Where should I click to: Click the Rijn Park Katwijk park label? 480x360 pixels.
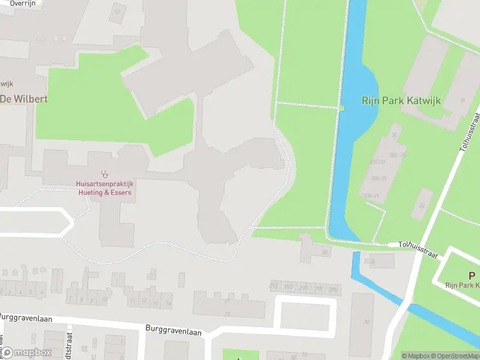(401, 101)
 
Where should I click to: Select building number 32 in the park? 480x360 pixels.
(421, 205)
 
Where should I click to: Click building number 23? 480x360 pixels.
(227, 313)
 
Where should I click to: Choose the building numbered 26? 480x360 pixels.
(372, 262)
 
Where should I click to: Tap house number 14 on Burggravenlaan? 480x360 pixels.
(168, 304)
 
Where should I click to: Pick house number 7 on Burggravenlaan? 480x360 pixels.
(71, 298)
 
